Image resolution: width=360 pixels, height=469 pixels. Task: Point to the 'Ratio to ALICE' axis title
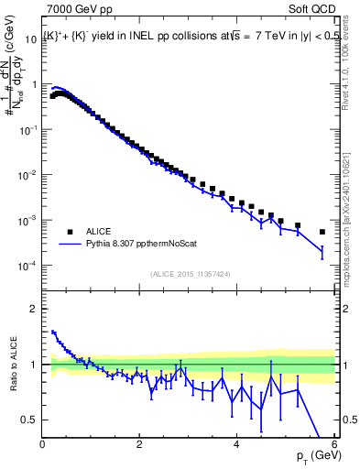13,365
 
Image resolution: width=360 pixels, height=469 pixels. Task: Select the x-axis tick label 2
140,444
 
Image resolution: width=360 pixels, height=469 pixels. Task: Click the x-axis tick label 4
237,444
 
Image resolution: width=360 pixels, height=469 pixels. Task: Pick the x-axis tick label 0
43,444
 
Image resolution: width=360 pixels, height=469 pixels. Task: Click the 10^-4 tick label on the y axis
27,266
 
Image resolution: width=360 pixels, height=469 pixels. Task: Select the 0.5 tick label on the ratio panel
28,420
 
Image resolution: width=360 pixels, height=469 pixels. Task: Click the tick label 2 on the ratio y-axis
33,309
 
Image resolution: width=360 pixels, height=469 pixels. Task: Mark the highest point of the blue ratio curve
53,332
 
